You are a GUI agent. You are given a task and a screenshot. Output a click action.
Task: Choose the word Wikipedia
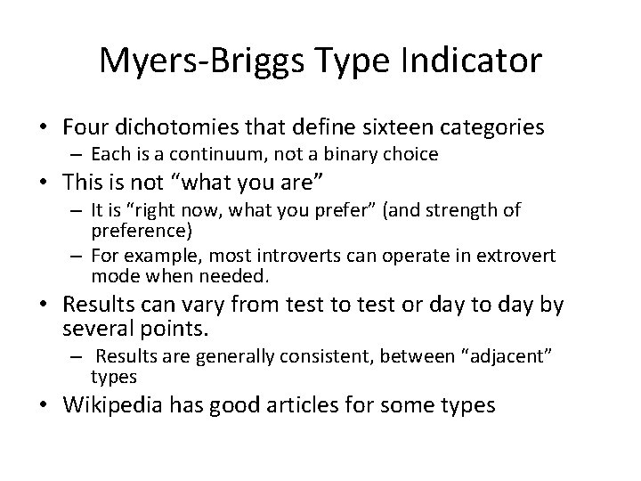click(124, 406)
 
